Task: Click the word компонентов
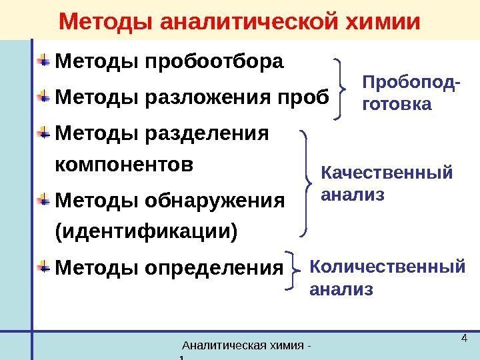pos(125,165)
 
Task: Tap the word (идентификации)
pos(147,232)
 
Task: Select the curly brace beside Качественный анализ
pos(306,182)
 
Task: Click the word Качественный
pos(386,174)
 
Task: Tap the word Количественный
pos(387,267)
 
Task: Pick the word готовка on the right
pos(396,105)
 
